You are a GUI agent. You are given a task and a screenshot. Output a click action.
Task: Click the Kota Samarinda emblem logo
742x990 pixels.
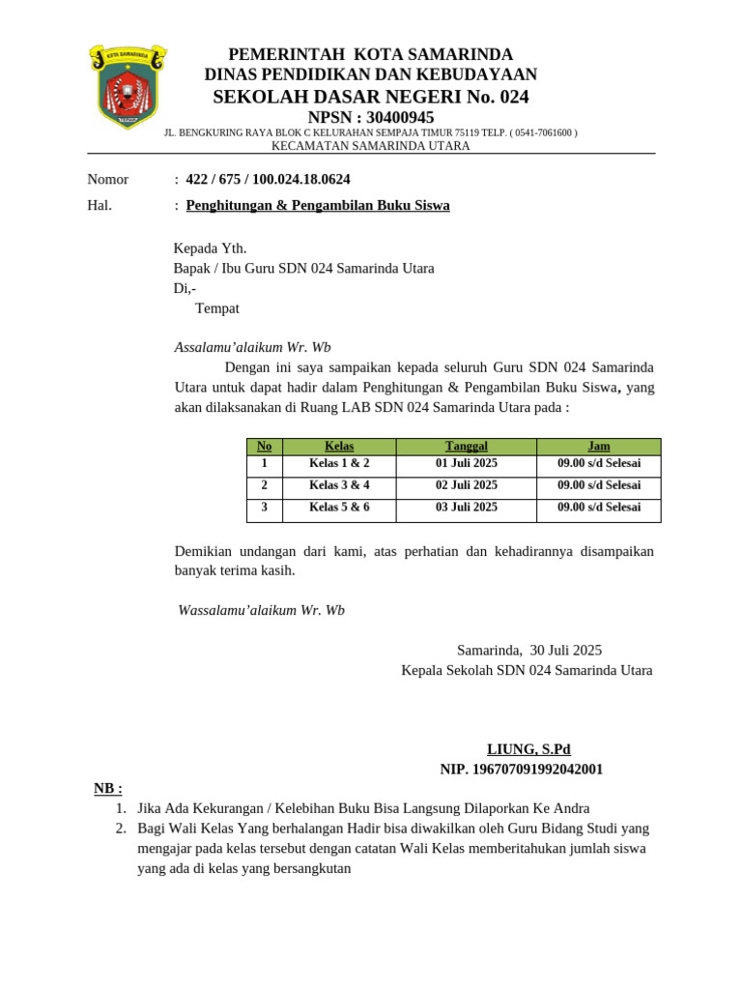click(x=128, y=86)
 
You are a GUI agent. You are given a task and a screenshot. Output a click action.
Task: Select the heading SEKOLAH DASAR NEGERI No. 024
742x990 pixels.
click(x=371, y=97)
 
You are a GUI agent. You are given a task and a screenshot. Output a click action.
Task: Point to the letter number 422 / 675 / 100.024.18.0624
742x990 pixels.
click(x=268, y=179)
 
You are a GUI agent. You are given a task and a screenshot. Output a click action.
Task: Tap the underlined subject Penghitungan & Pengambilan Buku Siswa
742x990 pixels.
click(x=317, y=205)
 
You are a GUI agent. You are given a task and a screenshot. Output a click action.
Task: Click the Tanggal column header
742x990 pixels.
click(x=466, y=446)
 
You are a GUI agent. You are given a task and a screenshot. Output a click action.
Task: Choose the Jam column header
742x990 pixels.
click(x=599, y=446)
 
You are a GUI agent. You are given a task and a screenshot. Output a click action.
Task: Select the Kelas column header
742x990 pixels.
click(x=339, y=446)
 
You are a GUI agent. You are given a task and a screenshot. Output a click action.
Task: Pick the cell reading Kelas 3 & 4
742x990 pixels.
click(x=339, y=485)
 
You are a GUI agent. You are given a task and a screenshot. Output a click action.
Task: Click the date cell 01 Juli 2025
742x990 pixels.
click(x=466, y=463)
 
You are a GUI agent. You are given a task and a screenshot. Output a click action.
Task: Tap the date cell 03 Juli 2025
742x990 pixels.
click(x=466, y=507)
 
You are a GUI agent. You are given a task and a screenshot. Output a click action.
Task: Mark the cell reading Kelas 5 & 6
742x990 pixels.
click(x=339, y=507)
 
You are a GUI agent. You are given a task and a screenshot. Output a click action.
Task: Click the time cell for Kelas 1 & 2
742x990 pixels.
click(x=599, y=463)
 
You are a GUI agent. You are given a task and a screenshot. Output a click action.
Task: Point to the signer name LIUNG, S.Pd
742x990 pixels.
click(x=528, y=748)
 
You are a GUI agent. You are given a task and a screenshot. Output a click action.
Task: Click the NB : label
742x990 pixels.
click(x=108, y=788)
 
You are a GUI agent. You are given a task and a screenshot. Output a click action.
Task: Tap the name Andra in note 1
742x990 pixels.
click(x=569, y=808)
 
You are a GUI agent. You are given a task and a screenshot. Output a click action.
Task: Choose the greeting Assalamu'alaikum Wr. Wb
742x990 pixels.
click(x=252, y=347)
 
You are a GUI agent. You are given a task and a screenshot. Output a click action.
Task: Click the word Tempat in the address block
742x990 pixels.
click(x=217, y=308)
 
